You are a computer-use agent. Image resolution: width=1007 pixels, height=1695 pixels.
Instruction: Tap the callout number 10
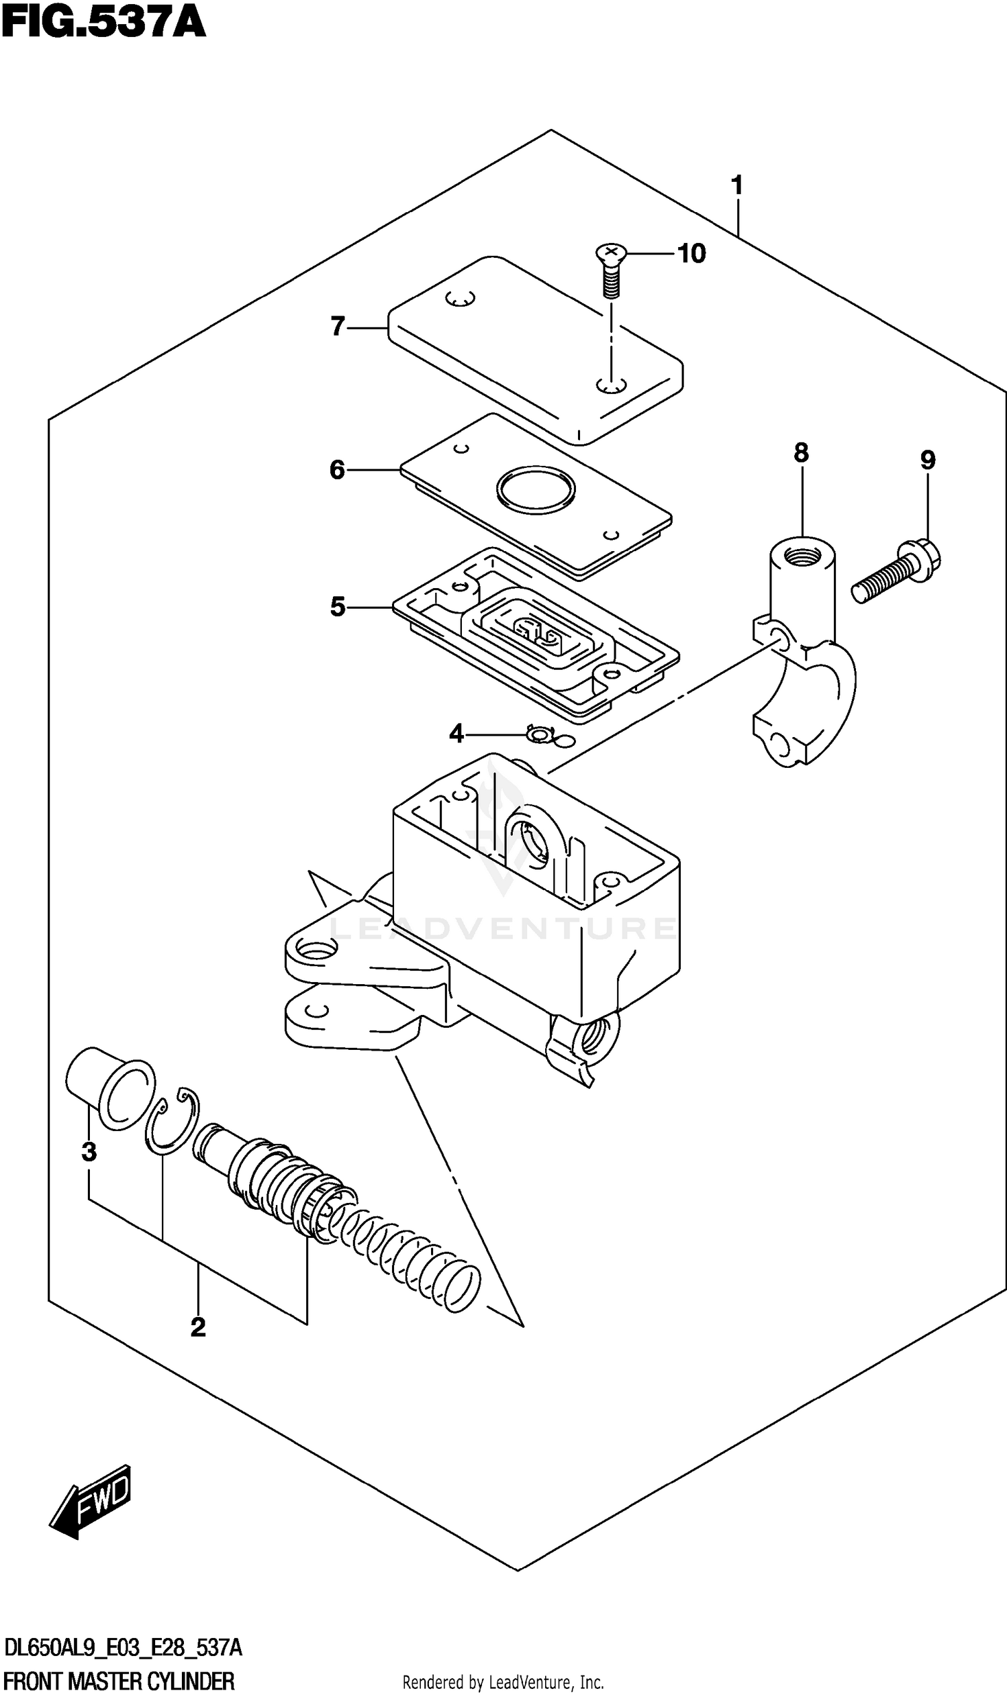click(x=691, y=254)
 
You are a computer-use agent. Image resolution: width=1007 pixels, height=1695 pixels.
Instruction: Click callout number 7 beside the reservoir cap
click(x=338, y=326)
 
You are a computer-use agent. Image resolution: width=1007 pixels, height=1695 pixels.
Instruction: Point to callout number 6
click(x=337, y=469)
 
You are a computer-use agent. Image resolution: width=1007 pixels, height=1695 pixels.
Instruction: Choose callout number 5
click(x=338, y=607)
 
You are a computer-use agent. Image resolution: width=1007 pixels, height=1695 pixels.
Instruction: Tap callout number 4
click(x=456, y=734)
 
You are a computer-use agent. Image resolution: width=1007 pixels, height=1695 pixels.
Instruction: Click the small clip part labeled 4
click(x=541, y=734)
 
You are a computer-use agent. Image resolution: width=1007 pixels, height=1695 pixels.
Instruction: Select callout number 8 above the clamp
click(x=801, y=452)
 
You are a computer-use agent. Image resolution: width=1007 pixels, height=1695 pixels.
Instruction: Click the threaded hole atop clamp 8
click(x=802, y=559)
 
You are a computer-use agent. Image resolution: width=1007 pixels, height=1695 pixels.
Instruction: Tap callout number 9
click(x=928, y=461)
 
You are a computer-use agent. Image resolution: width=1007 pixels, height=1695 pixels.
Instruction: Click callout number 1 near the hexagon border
click(x=737, y=185)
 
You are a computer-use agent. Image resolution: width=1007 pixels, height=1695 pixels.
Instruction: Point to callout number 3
click(x=89, y=1151)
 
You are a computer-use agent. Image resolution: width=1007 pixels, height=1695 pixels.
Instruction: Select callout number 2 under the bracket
click(x=197, y=1327)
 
